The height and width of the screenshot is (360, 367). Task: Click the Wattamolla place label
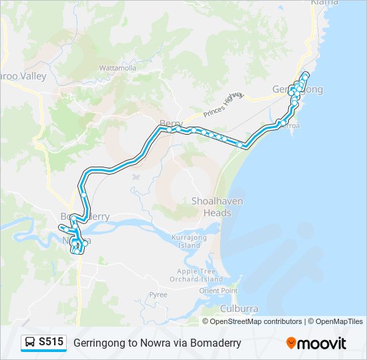click(x=117, y=68)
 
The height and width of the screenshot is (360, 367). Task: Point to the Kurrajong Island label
click(x=189, y=241)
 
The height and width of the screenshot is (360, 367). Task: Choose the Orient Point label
click(x=218, y=291)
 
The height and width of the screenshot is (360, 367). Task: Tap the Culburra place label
click(x=239, y=309)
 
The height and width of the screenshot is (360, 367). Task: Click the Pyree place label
click(x=158, y=294)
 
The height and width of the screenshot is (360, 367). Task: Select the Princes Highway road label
click(x=225, y=103)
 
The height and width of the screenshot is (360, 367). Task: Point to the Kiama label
click(x=324, y=3)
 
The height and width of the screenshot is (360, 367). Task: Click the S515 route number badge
click(x=51, y=342)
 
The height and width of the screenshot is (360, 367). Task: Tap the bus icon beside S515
click(x=30, y=343)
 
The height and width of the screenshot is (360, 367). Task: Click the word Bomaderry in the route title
click(x=215, y=343)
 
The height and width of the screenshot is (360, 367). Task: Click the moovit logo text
click(x=322, y=343)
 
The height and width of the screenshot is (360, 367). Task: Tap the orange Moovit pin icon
click(x=291, y=343)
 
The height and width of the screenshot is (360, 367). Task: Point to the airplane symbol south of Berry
click(x=137, y=177)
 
